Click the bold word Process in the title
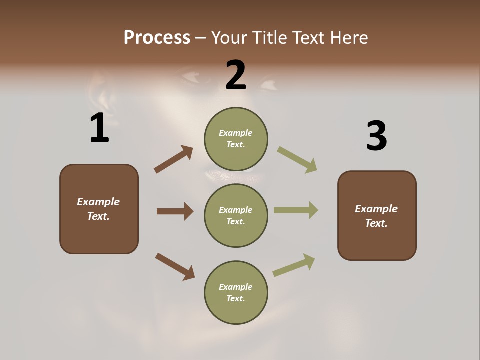[157, 37]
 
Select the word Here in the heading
[349, 37]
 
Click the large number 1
[99, 128]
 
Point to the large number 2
[236, 75]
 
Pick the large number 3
[376, 136]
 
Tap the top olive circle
[236, 138]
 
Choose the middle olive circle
[236, 215]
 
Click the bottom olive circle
[236, 292]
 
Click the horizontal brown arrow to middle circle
[175, 211]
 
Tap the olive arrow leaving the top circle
[297, 160]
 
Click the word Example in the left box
[98, 202]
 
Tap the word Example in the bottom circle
[236, 287]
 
